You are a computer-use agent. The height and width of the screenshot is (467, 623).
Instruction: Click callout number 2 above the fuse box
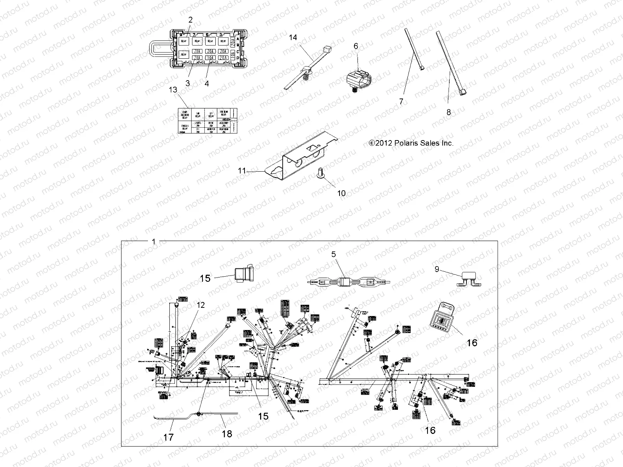(x=190, y=20)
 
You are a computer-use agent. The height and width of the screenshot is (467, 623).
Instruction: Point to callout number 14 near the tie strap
(x=293, y=37)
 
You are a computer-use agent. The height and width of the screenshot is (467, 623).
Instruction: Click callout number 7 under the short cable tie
(x=401, y=102)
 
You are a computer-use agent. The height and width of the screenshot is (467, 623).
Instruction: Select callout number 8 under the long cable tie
(x=449, y=112)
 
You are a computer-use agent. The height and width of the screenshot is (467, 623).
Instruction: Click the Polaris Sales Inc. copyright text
(x=411, y=143)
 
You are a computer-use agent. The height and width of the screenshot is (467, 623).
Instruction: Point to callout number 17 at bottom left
(x=168, y=437)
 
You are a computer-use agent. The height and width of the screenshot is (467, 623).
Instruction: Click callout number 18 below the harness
(x=227, y=434)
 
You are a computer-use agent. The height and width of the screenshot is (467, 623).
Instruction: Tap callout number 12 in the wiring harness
(x=201, y=305)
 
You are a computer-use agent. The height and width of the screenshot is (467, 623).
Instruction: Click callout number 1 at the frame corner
(x=153, y=242)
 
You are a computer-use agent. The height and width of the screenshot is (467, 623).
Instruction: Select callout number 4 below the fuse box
(x=207, y=83)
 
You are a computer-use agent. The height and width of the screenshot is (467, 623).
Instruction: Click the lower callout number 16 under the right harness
(x=430, y=430)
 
